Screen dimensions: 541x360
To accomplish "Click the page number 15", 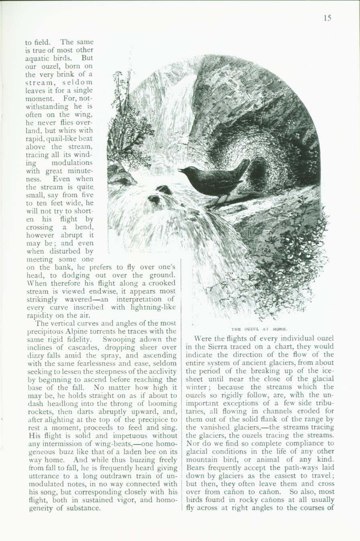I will tap(327, 19).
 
